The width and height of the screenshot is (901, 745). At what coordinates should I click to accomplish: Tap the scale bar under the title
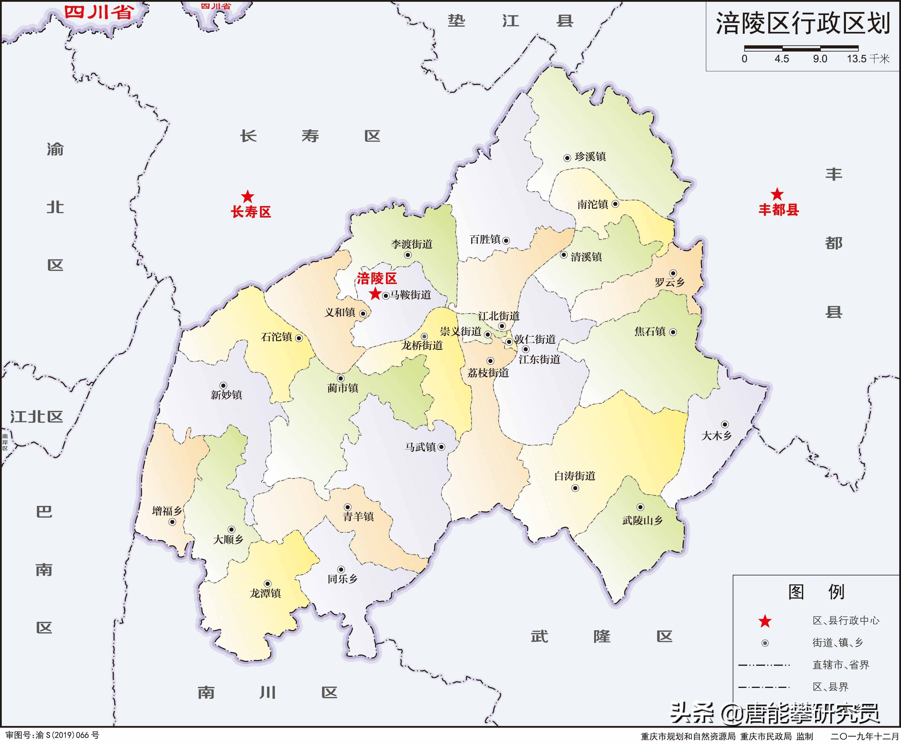click(x=801, y=48)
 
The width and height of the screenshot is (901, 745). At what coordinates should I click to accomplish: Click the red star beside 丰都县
click(x=777, y=194)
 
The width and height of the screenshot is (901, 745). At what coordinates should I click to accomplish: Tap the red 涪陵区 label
click(x=377, y=278)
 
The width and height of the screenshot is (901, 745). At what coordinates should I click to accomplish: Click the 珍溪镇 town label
click(x=590, y=157)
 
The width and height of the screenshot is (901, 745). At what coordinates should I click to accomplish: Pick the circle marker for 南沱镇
click(x=615, y=204)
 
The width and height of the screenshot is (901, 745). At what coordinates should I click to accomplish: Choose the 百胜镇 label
click(x=485, y=239)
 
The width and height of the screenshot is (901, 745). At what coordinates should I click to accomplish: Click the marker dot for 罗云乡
click(x=673, y=273)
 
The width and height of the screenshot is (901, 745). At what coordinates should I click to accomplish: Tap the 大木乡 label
click(x=716, y=436)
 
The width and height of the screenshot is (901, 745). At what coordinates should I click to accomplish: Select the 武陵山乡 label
click(x=642, y=520)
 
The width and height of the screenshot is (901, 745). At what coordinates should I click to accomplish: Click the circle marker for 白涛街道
click(x=575, y=488)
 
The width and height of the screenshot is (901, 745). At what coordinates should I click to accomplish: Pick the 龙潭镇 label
click(x=265, y=593)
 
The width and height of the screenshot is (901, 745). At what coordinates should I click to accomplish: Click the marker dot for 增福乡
click(x=172, y=522)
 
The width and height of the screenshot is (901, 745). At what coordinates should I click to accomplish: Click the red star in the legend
click(x=765, y=621)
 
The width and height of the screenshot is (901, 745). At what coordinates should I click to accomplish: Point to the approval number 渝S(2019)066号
click(x=52, y=735)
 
